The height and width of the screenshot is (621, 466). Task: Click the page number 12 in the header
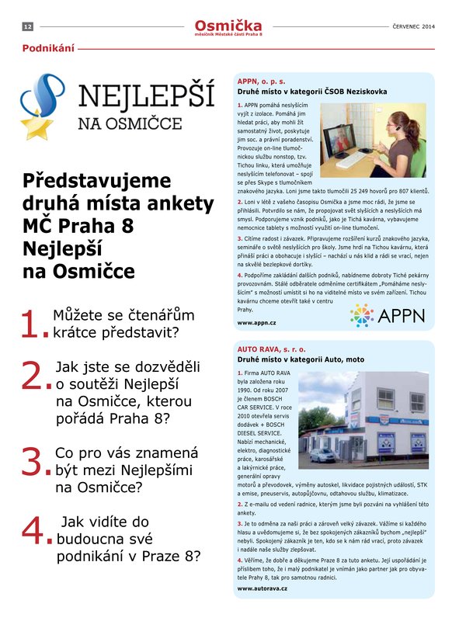coord(27,27)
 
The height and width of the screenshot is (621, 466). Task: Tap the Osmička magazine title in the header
coord(229,26)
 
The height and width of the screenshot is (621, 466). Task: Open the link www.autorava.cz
coord(263,588)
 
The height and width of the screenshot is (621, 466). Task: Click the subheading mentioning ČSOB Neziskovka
coord(311,92)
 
